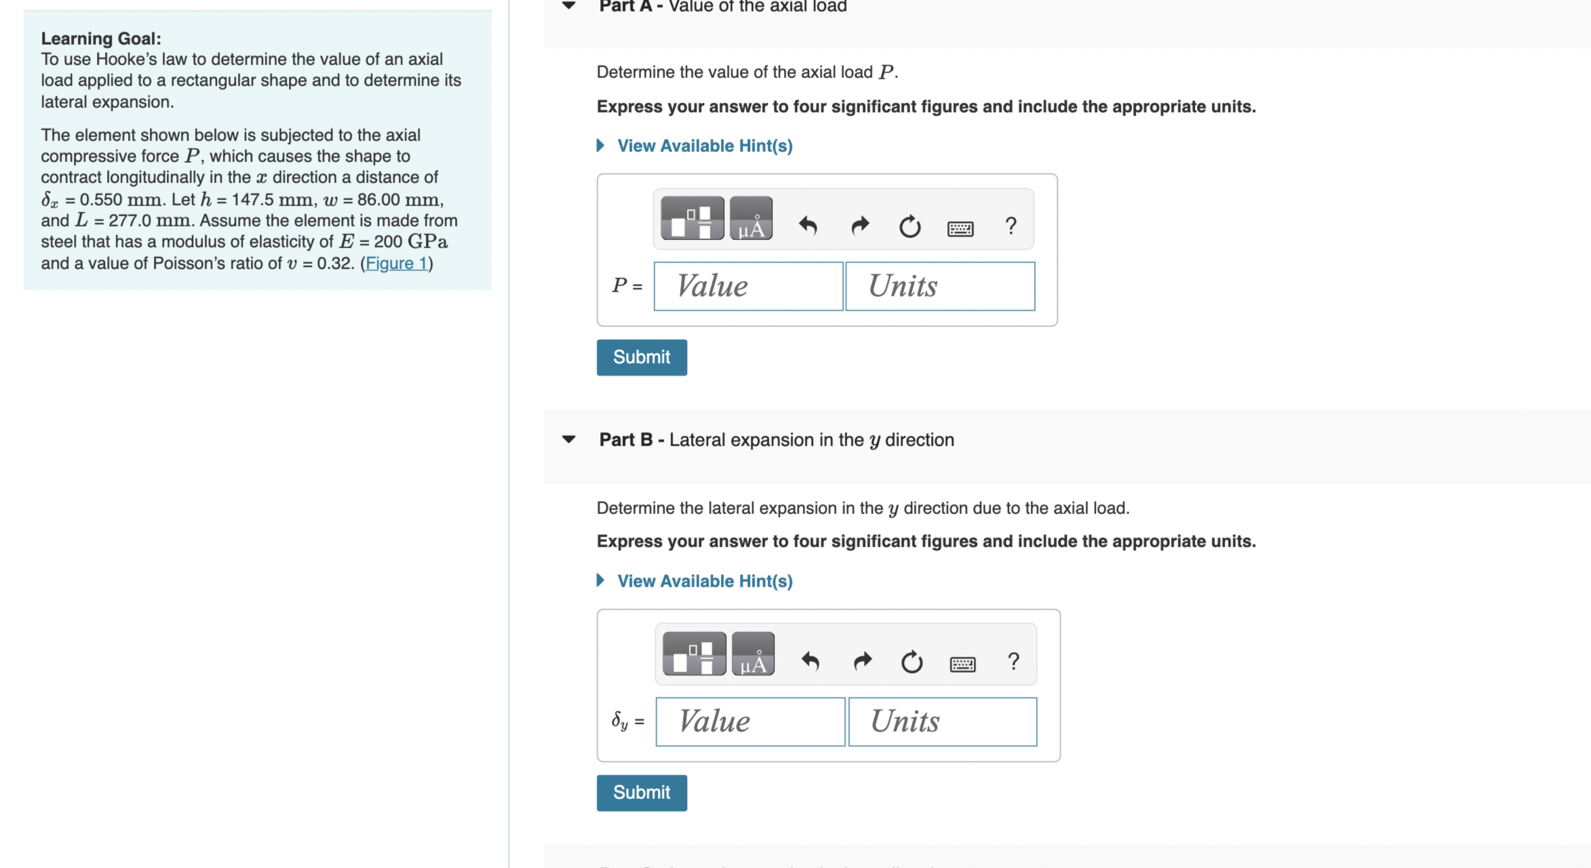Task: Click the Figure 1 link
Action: (x=397, y=263)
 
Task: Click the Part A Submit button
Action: (x=641, y=357)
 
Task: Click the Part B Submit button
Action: (x=641, y=793)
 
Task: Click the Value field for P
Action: (x=748, y=286)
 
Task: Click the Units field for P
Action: (x=940, y=286)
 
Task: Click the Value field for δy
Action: (x=750, y=722)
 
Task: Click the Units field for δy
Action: (x=942, y=722)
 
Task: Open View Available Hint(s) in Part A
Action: (x=704, y=146)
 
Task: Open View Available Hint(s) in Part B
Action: (x=704, y=581)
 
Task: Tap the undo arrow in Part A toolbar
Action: (x=808, y=225)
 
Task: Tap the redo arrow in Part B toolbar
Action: (x=862, y=660)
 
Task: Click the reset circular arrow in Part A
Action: (x=909, y=226)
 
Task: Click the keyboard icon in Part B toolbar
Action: (x=962, y=664)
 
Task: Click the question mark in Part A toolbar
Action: (x=1010, y=225)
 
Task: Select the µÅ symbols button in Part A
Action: (x=751, y=219)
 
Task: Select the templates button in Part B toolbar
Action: (x=694, y=654)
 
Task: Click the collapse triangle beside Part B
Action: (x=569, y=439)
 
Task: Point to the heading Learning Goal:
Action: (x=101, y=39)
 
